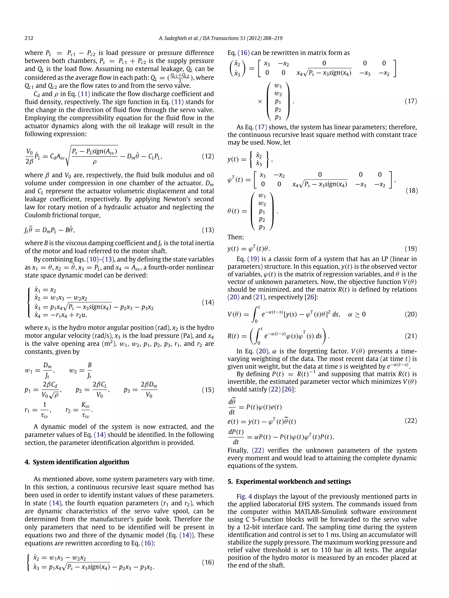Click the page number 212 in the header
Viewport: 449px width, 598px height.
29,38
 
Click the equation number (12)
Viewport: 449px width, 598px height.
208,156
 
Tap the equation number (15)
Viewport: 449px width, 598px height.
208,390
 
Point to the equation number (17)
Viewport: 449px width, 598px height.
411,101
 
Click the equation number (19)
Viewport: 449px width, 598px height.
411,249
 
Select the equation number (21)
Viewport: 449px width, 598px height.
411,336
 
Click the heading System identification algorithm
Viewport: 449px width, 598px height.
81,462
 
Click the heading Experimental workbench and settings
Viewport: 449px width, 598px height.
293,482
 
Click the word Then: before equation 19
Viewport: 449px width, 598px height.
235,237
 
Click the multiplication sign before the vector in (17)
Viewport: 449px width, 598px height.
260,102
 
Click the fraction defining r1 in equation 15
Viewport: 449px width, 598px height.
44,410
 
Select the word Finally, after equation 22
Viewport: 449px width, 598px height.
238,450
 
